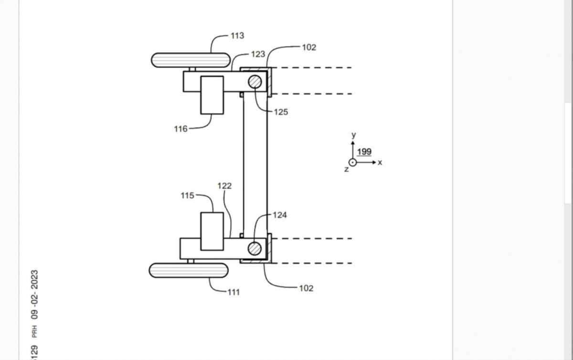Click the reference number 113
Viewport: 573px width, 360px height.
pos(237,36)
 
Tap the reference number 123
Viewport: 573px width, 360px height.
pos(258,54)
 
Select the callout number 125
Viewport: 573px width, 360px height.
pos(281,112)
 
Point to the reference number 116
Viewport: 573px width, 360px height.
pos(181,129)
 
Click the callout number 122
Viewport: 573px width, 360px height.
pos(224,186)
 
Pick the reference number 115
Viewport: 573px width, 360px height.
pos(188,196)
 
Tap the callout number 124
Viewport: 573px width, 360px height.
pos(280,215)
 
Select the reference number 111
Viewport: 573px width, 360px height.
pos(233,292)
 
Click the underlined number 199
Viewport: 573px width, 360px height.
pos(364,152)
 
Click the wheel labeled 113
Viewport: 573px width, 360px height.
pos(191,60)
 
